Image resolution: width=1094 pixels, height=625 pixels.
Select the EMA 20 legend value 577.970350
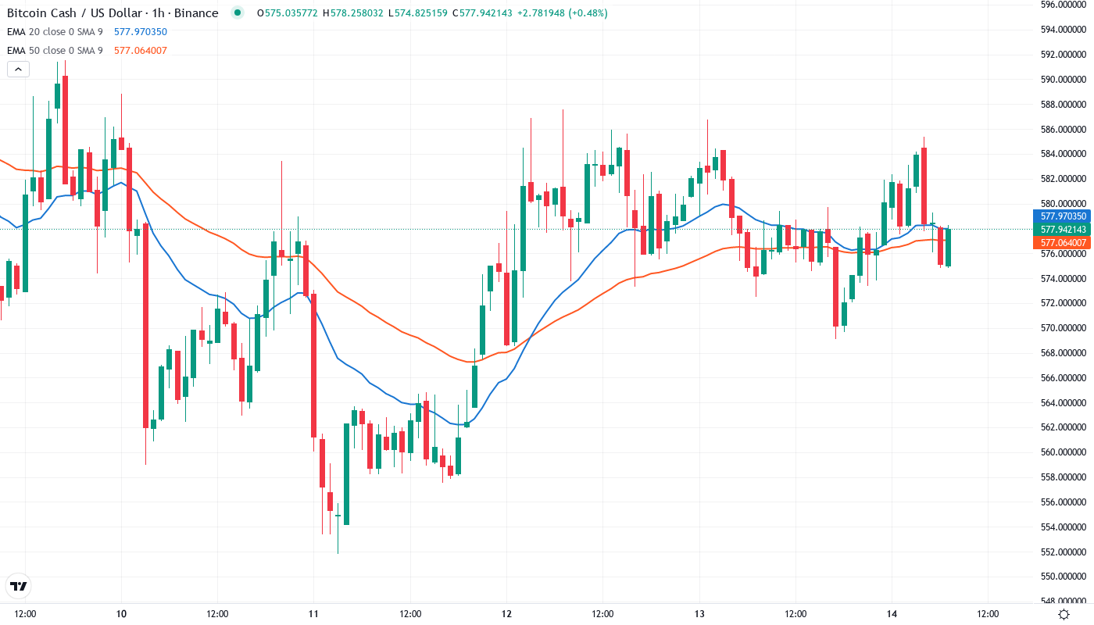(141, 32)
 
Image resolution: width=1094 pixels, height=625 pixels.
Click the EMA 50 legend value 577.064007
(141, 51)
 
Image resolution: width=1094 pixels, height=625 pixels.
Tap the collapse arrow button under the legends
(18, 70)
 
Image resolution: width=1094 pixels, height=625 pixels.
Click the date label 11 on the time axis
(313, 613)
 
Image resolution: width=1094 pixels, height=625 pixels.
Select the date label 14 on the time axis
(892, 613)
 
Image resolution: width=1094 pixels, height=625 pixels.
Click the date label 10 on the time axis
(121, 613)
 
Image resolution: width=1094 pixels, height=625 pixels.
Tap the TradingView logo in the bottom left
(18, 586)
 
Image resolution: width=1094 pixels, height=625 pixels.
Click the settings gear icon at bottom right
(1064, 613)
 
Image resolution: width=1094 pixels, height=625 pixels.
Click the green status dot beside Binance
(238, 12)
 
